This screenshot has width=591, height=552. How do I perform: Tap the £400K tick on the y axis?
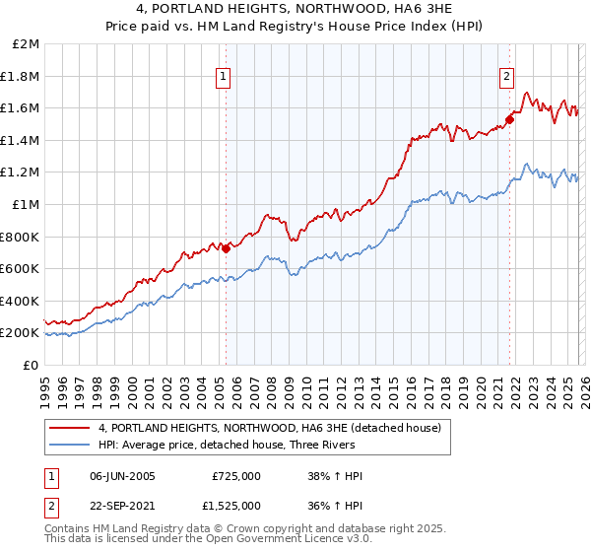(x=21, y=301)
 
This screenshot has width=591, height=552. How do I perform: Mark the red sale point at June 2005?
(x=226, y=248)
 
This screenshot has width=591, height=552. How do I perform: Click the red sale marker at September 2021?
(x=509, y=120)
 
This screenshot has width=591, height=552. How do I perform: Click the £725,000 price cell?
(x=235, y=476)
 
